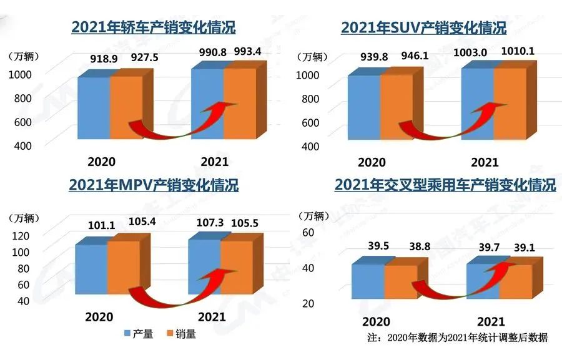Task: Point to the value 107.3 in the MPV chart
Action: pos(204,223)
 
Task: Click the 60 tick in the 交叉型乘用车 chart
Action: pos(307,231)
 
